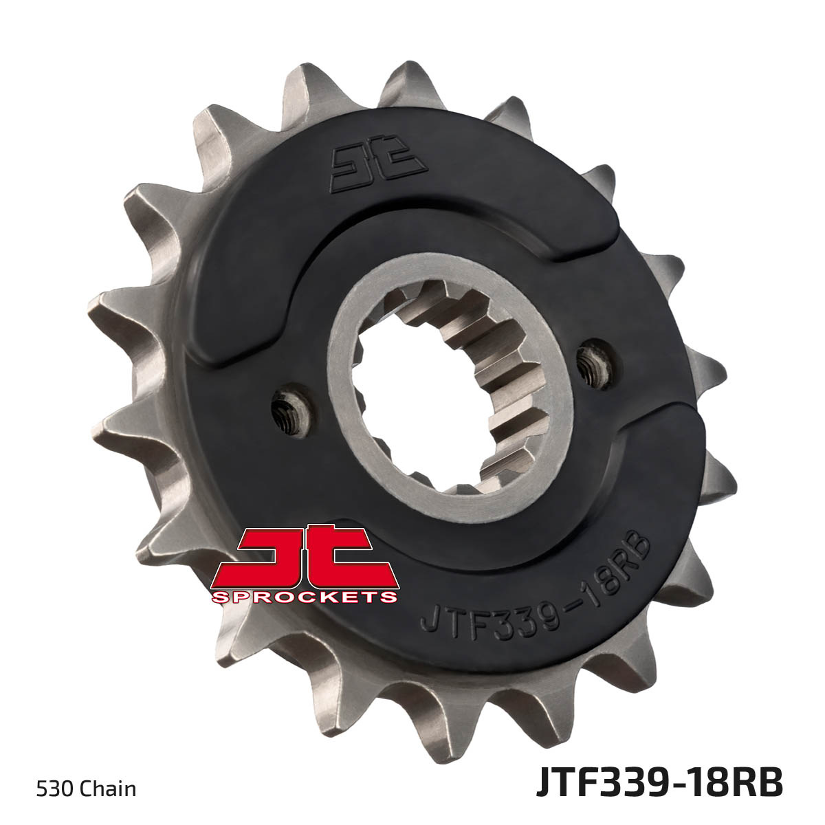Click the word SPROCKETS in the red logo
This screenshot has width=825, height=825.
pos(305,597)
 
